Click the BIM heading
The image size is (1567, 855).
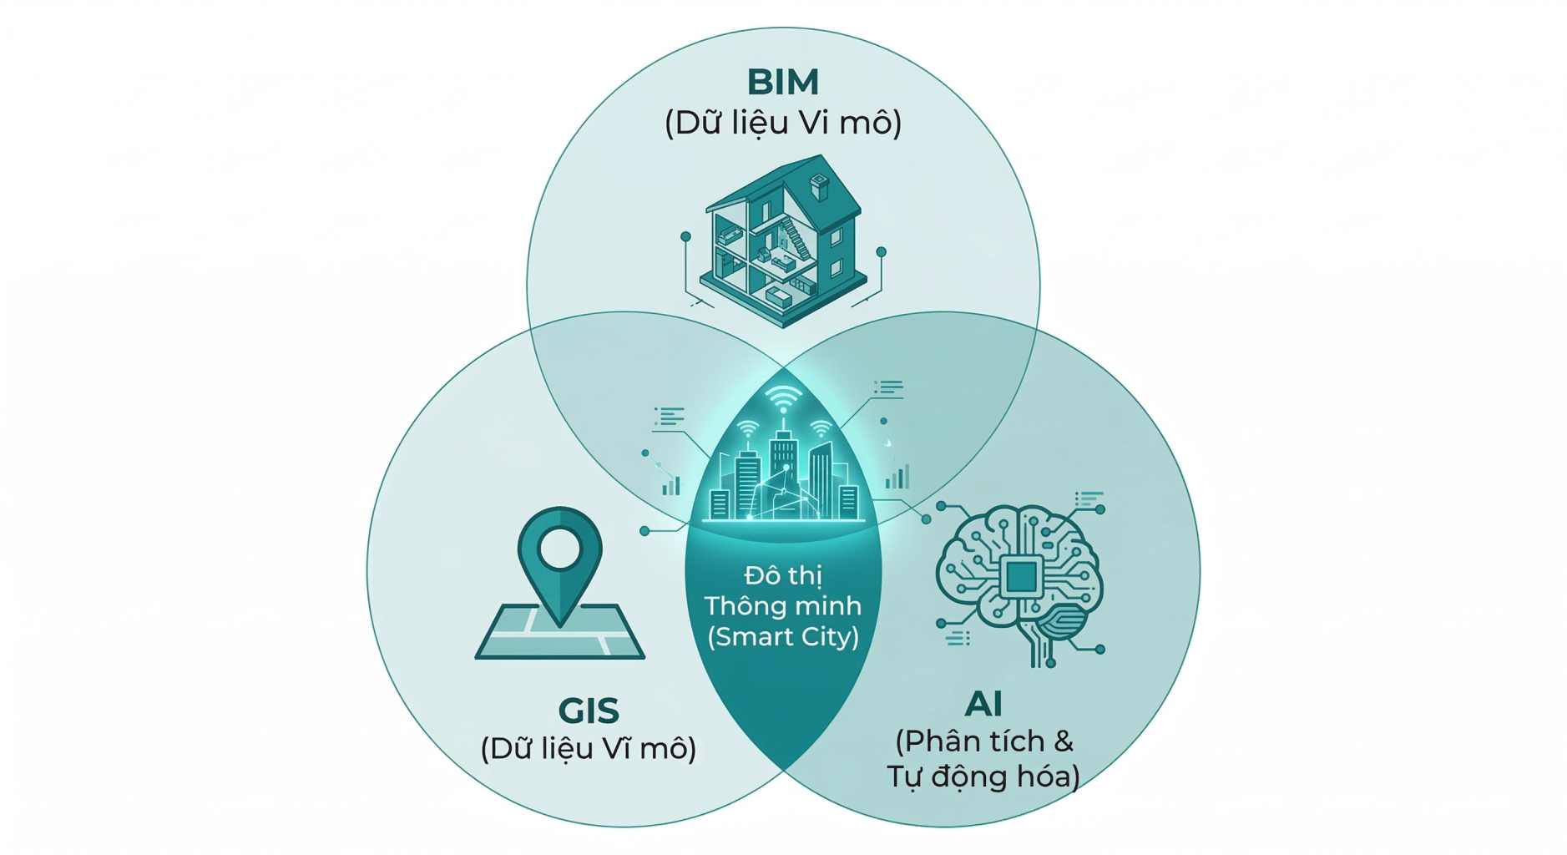782,82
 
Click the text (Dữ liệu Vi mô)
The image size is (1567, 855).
782,123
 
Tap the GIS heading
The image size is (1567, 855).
589,711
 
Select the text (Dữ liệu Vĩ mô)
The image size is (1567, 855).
589,748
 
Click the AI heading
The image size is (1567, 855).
983,704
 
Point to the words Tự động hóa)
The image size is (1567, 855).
983,777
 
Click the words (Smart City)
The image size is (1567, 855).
782,637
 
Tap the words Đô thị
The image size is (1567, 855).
782,575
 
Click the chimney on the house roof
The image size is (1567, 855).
820,186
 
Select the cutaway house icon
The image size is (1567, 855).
782,242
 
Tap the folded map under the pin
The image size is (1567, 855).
559,635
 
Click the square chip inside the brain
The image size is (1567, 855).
1021,576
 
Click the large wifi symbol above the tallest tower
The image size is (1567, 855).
782,399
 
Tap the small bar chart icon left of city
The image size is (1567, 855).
671,485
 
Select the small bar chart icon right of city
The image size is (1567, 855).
897,478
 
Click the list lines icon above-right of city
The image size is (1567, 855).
888,387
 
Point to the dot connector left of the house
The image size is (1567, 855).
685,237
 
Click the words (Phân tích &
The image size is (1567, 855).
983,741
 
